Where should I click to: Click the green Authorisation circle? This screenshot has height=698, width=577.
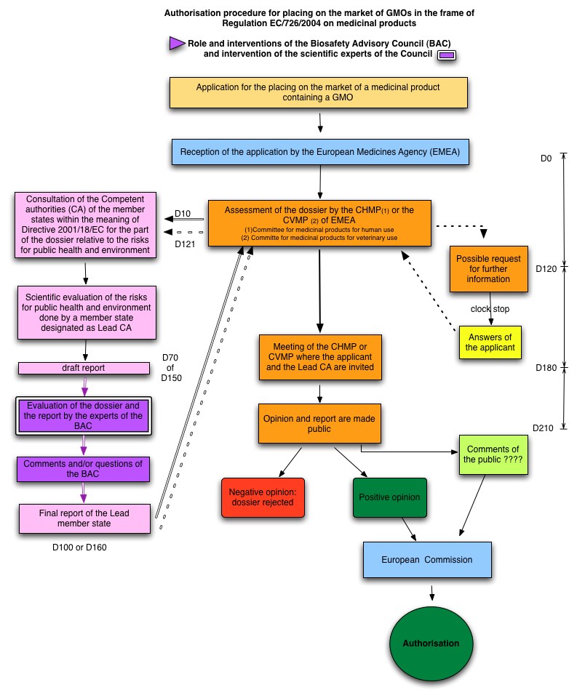[431, 643]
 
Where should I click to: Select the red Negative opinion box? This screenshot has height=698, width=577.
[263, 497]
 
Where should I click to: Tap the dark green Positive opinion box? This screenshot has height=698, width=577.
[390, 497]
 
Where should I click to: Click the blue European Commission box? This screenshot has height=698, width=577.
[427, 560]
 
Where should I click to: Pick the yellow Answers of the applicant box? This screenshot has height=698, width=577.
[490, 342]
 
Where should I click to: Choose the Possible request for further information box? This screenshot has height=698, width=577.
[489, 269]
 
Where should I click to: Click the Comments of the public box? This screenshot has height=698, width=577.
[493, 454]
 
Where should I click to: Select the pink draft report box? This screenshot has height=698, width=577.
[84, 368]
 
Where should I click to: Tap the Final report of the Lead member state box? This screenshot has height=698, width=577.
[84, 518]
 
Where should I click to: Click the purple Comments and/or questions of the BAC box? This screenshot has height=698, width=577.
[84, 469]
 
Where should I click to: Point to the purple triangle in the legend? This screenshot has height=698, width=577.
[177, 44]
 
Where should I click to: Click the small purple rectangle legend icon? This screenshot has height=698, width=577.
[447, 55]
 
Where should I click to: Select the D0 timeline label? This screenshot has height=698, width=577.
[546, 159]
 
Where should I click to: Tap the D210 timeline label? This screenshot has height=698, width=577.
[543, 428]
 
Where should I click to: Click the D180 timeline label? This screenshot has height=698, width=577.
[546, 368]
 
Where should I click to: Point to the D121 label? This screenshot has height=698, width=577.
[185, 244]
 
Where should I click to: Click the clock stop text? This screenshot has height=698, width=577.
[490, 309]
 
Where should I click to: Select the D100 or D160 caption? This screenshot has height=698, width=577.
[79, 547]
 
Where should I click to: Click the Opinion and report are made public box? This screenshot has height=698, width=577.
[319, 423]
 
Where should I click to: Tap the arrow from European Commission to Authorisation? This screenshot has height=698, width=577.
[431, 593]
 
